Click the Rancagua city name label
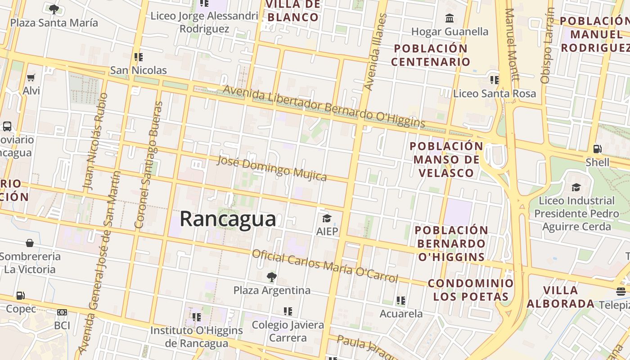click(x=228, y=219)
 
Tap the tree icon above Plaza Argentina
click(x=271, y=277)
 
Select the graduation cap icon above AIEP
click(x=327, y=219)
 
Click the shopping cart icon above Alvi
click(x=31, y=78)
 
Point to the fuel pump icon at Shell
click(x=598, y=149)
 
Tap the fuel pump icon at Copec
click(x=20, y=296)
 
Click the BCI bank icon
click(x=62, y=312)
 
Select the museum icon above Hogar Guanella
click(x=449, y=18)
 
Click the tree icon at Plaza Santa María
click(x=54, y=9)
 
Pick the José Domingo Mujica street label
click(x=272, y=168)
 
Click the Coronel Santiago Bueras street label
click(x=148, y=164)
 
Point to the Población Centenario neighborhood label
click(x=431, y=55)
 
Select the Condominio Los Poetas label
click(x=470, y=290)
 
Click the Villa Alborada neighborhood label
click(x=560, y=297)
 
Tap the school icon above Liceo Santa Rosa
click(x=495, y=80)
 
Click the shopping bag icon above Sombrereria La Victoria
click(x=30, y=243)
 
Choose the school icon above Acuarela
click(x=401, y=300)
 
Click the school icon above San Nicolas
click(x=139, y=57)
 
